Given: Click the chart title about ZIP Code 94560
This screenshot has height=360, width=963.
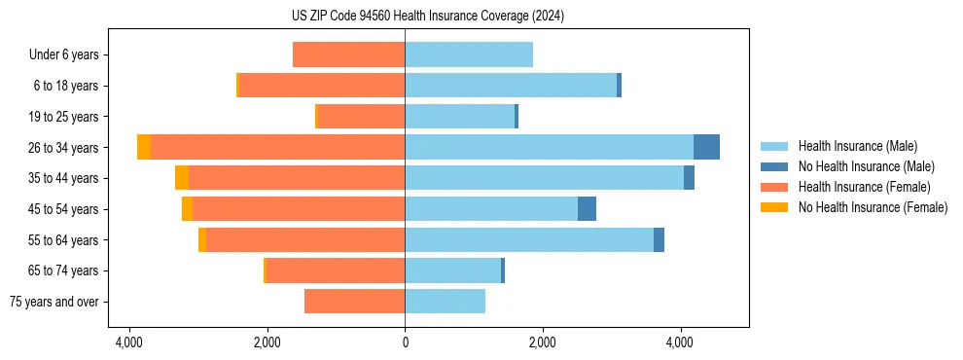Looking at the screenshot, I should pos(427,16).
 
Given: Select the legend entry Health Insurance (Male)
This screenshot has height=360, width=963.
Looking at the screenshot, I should pos(857,146).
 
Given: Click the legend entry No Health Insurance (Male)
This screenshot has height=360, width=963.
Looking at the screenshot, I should pos(866,166).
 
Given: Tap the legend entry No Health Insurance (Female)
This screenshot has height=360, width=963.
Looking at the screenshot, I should pos(872,207).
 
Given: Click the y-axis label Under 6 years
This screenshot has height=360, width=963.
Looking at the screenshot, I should pos(64,55).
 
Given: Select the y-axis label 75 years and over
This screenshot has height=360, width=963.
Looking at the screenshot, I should pos(54,302).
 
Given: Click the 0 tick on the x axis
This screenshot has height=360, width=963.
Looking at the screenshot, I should pos(405,342).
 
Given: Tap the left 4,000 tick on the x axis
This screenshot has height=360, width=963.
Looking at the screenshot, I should pos(129,342).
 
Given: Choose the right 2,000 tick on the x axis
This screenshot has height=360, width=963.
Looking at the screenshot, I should pos(542,342).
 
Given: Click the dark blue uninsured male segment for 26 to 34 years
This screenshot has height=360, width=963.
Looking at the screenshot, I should pos(706,147).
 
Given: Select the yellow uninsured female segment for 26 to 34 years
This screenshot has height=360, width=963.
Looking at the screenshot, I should pos(144,147).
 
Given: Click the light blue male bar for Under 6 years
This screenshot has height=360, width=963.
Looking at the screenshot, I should pos(469,54).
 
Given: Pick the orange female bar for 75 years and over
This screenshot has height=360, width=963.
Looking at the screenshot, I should pos(354,302).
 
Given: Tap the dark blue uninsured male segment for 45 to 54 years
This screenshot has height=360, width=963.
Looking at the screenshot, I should pos(587,209).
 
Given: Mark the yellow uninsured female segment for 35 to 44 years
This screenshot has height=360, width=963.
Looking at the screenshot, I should pos(182,178).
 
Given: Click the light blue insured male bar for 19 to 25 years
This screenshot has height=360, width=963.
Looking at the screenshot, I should pos(459,117).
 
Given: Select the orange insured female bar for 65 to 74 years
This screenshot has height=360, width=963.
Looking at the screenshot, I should pos(336,270).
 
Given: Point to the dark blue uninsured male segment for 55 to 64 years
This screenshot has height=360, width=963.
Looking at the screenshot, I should pos(659,239).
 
